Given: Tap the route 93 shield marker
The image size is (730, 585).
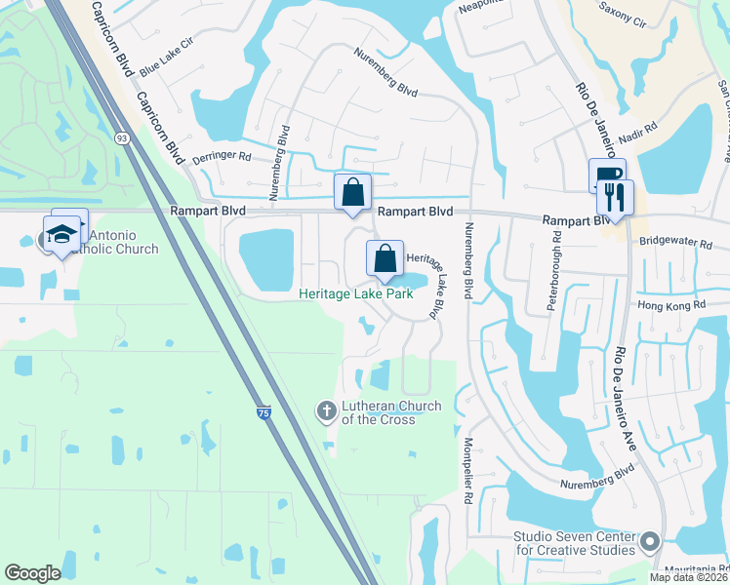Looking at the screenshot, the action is [x=122, y=138].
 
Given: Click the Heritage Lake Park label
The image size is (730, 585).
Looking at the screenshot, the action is [x=363, y=293].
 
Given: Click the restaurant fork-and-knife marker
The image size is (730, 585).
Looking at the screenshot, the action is [x=615, y=198].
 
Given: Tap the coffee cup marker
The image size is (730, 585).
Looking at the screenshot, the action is [x=606, y=177].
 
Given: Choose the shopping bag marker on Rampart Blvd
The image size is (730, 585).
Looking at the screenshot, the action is [x=352, y=191].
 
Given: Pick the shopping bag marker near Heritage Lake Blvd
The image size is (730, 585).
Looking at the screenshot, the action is [x=385, y=259].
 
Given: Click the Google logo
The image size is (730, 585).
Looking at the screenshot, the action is [x=32, y=573].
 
